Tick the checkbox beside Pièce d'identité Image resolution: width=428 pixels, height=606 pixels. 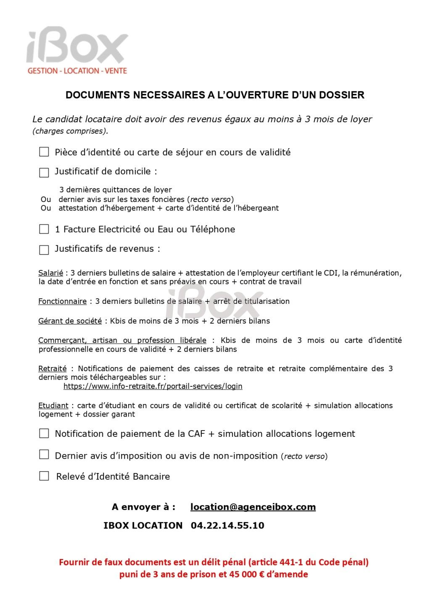tap(44, 152)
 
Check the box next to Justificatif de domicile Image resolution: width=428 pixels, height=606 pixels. tap(44, 173)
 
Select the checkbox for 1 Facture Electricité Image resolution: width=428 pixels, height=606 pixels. tap(44, 229)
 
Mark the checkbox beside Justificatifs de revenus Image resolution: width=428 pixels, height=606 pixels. tap(44, 250)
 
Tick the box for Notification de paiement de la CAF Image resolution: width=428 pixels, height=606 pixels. tap(44, 433)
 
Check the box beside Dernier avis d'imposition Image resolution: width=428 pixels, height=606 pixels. tap(44, 454)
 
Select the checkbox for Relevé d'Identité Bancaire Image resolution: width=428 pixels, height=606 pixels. tap(44, 476)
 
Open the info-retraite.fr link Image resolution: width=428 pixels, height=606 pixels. tap(153, 386)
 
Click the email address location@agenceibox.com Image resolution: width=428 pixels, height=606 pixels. tap(253, 507)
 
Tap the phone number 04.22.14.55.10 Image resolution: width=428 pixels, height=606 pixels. tap(227, 526)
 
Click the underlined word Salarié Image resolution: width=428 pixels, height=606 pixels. tap(50, 273)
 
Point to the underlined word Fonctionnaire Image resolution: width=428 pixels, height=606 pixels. tap(62, 301)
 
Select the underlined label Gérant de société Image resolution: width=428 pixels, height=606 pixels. tap(70, 321)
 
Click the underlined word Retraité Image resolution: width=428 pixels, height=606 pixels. tap(52, 369)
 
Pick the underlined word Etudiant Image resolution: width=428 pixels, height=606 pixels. tap(53, 406)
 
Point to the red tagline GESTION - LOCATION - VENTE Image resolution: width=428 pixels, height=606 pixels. tap(77, 71)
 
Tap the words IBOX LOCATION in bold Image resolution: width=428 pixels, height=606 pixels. tap(143, 526)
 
